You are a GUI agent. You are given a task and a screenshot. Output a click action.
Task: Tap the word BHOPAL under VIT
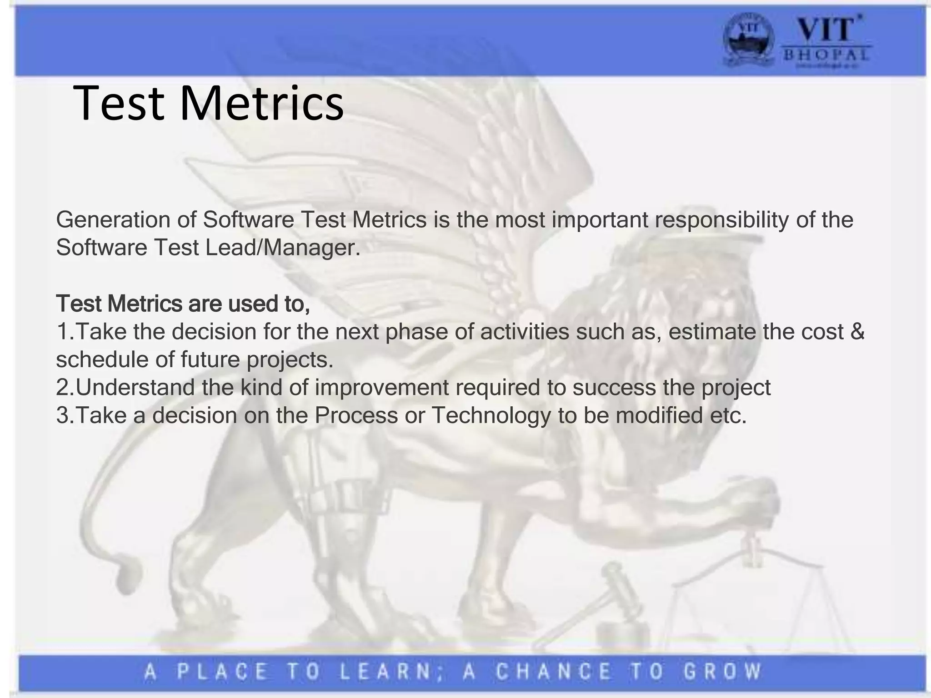click(x=826, y=55)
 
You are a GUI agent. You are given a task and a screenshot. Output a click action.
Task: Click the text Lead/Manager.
click(x=283, y=248)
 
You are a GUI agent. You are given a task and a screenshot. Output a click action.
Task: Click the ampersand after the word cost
click(x=857, y=332)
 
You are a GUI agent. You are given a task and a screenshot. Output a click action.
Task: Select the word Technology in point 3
click(x=491, y=416)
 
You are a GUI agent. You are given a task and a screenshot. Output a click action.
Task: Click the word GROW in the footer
click(x=722, y=672)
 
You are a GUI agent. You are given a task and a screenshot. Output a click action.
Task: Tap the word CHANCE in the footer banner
click(x=554, y=672)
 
